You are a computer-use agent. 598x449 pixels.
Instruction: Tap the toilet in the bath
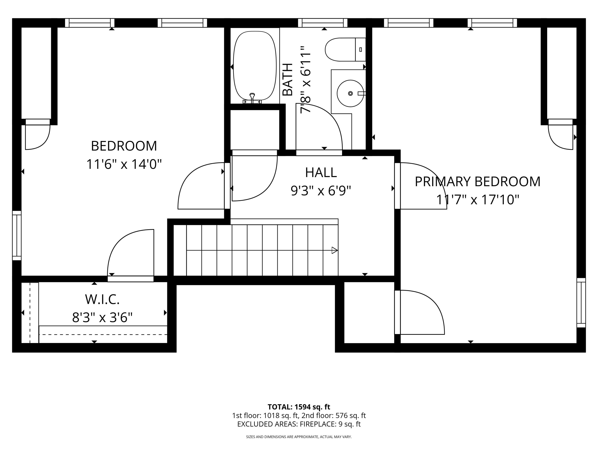tap(345, 49)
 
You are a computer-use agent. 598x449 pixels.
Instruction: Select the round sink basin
tap(350, 93)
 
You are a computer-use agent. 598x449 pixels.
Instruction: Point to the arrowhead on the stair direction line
tap(335, 250)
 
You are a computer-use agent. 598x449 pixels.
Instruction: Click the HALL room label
tap(321, 172)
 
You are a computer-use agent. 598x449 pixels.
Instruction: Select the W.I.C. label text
tap(102, 299)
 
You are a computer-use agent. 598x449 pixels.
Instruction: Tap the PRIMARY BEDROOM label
tap(477, 182)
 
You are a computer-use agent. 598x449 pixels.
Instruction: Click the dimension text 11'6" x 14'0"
tap(124, 164)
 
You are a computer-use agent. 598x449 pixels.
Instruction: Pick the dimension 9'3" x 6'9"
tap(321, 191)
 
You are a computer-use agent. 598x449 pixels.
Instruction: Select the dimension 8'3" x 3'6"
tap(102, 317)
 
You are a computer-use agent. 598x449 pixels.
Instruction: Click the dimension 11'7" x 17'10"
tap(478, 200)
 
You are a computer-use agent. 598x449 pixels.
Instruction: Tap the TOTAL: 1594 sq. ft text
tap(299, 407)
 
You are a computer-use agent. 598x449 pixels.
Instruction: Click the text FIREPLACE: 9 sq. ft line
tap(330, 424)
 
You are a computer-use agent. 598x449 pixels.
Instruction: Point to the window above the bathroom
tap(323, 23)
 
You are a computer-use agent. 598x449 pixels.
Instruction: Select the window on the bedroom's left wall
tap(17, 235)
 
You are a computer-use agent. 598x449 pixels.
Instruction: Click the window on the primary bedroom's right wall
tap(581, 303)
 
